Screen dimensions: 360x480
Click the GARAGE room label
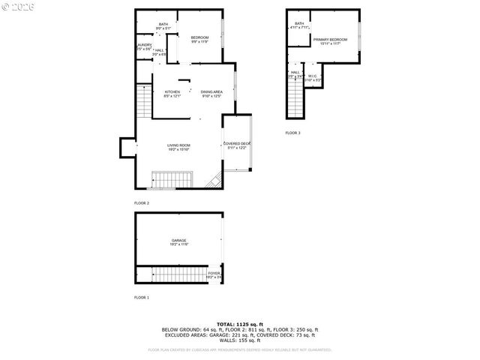tap(178, 241)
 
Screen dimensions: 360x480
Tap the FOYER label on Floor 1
tap(214, 274)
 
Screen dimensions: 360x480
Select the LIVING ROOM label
tap(178, 145)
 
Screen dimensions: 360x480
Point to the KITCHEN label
tap(172, 92)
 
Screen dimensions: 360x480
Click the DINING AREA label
tap(211, 92)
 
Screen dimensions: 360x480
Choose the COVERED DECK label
tap(237, 144)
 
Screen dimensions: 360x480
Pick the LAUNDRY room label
tap(144, 46)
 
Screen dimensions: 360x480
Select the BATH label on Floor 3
tap(299, 24)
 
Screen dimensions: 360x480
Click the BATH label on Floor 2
tap(163, 24)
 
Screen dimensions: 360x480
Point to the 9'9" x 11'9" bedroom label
tap(199, 37)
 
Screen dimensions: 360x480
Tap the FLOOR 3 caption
tap(292, 133)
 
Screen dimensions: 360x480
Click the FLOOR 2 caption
tap(142, 203)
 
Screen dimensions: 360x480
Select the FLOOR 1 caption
tap(142, 298)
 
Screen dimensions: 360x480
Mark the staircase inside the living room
tap(172, 180)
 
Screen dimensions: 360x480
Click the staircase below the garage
tap(178, 274)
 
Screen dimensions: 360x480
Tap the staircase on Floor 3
tap(295, 98)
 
